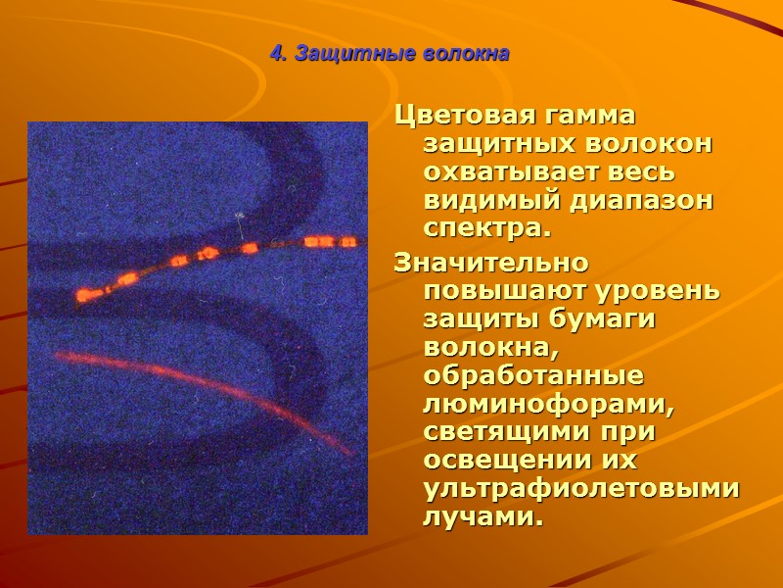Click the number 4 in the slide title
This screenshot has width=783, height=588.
tap(275, 54)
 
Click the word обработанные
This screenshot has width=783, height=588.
tap(532, 377)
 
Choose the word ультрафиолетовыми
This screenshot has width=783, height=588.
tap(580, 488)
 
